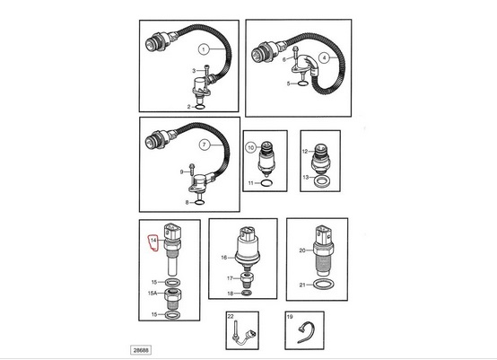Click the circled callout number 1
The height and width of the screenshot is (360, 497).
pos(204,49)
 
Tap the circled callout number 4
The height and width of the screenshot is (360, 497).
pos(324,58)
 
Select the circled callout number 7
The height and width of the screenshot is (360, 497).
pos(205,145)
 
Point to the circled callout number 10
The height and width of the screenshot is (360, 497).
pos(251,147)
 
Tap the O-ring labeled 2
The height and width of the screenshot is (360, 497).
pos(200,107)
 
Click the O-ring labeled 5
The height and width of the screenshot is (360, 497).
pos(302,83)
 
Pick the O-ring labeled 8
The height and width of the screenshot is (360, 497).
pos(199,202)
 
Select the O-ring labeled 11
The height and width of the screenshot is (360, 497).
pos(266,183)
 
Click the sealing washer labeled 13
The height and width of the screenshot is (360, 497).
pos(322,181)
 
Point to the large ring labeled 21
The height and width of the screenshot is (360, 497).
pos(323,285)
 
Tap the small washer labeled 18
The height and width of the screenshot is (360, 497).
pos(247,293)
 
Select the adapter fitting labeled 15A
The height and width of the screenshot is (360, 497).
pos(173,300)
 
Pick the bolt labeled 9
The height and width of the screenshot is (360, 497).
pos(192,170)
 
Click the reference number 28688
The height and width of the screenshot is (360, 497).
pos(141,350)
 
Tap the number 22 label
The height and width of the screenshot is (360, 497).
pos(231,317)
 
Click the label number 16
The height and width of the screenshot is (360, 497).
pos(223,258)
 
